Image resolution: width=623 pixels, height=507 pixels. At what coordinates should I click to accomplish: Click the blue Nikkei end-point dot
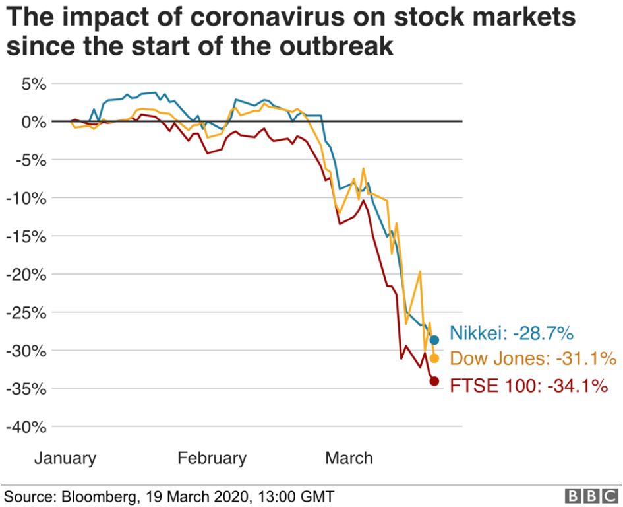[x=434, y=340]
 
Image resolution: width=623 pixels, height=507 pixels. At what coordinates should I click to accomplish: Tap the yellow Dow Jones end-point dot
[x=434, y=358]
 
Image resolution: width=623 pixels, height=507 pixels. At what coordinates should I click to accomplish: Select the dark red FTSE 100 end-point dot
[x=434, y=381]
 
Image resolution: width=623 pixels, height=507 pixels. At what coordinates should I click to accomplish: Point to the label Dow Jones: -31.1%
[x=533, y=359]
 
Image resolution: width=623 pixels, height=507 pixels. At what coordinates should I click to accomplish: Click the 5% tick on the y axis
[x=32, y=84]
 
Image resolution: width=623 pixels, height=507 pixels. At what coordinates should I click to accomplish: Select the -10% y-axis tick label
[x=26, y=198]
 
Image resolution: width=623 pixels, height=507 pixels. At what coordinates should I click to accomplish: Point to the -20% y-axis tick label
[x=26, y=274]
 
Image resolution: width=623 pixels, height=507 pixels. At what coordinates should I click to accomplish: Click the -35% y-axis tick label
[x=26, y=388]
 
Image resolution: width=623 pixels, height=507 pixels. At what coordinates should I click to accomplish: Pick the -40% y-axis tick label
[x=26, y=427]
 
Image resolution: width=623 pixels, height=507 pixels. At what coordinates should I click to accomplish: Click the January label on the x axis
[x=65, y=458]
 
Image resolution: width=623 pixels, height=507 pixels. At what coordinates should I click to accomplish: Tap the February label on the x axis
[x=212, y=458]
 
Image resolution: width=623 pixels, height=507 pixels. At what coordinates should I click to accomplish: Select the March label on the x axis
[x=349, y=458]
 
